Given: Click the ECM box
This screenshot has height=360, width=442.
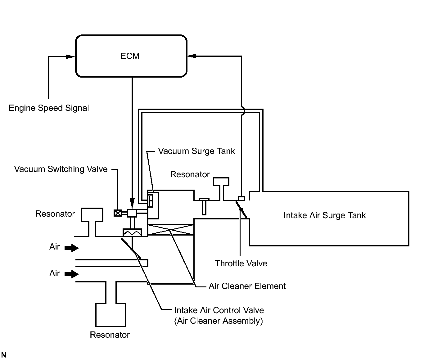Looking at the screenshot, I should click(x=131, y=56).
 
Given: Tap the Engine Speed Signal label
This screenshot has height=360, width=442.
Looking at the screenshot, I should click(x=49, y=108).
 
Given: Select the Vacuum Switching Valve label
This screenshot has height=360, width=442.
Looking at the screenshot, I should click(x=61, y=169).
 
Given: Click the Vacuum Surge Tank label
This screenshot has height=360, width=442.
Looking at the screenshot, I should click(x=196, y=151).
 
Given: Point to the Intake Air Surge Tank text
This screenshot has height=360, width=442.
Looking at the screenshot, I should click(x=324, y=215).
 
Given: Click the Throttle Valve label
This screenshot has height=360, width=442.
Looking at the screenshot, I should click(x=241, y=263).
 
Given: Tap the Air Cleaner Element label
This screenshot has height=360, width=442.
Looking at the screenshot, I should click(x=247, y=286).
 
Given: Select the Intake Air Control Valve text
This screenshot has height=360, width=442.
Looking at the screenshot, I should click(x=219, y=310).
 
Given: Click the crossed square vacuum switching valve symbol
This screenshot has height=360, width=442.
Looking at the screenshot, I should click(x=118, y=213).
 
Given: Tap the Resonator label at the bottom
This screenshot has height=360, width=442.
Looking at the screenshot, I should click(x=110, y=335).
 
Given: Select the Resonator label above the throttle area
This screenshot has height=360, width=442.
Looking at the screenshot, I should click(x=190, y=174).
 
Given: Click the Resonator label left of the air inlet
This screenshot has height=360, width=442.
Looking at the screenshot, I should click(x=55, y=214).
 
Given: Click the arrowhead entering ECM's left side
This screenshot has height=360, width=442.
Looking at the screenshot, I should click(x=71, y=56).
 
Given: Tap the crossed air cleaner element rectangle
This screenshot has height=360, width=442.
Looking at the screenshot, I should click(x=171, y=230).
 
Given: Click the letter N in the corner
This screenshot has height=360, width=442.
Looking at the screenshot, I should click(x=4, y=355).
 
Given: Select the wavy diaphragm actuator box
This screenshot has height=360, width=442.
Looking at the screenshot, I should click(x=132, y=232).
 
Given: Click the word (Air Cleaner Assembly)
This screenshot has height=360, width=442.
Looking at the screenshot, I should click(x=219, y=321).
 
